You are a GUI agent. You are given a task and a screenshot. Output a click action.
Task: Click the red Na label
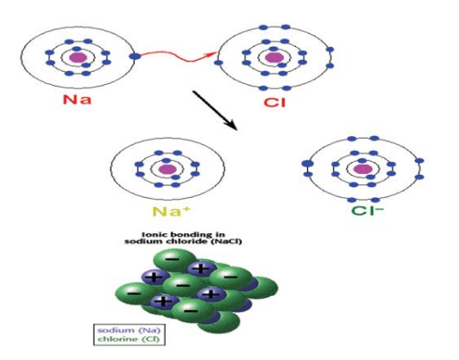point(77,99)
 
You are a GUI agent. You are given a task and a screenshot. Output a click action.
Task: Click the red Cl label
point(275,102)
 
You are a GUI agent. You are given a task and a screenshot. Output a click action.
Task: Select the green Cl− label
point(367,211)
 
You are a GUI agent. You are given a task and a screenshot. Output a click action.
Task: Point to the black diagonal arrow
point(214,111)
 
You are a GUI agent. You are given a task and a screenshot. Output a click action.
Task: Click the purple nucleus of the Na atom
point(78,57)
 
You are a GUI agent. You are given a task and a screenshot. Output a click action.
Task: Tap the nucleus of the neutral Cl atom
point(275,57)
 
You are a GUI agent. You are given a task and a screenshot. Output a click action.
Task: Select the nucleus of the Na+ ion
point(167,169)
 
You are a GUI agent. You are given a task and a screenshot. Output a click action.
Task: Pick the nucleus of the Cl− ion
point(363,169)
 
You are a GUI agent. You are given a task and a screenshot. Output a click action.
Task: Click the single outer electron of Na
point(135,57)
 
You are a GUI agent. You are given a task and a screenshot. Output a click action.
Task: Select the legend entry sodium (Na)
point(129,330)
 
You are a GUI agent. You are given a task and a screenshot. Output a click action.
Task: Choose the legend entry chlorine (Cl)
point(129,339)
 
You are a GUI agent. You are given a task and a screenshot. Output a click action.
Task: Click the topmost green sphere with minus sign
point(175,260)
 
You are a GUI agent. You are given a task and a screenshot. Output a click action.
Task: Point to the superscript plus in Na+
point(186,208)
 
